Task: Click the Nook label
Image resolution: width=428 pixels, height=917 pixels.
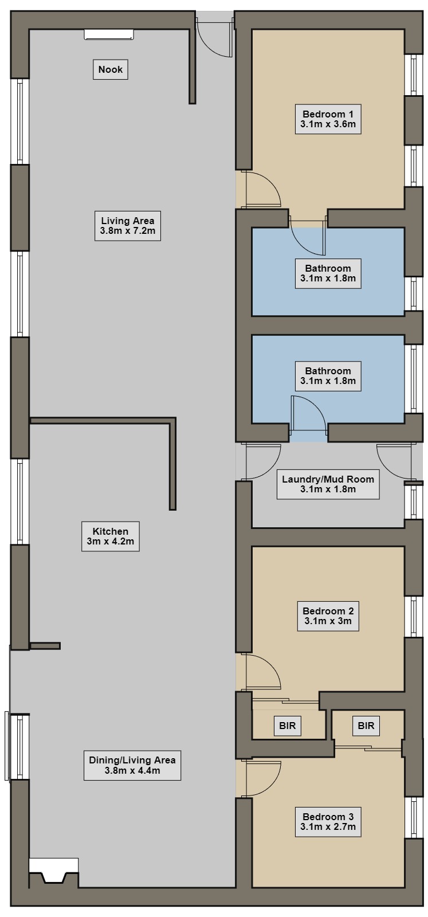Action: click(x=111, y=69)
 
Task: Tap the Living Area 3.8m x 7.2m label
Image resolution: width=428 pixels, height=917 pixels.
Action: click(x=128, y=226)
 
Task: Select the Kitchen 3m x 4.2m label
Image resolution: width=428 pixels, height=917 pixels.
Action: click(x=111, y=536)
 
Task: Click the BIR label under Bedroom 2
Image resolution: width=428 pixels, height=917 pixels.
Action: click(x=287, y=726)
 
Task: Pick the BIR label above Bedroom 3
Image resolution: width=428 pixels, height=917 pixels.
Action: click(x=366, y=726)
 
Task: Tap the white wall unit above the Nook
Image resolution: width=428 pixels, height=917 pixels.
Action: click(x=109, y=34)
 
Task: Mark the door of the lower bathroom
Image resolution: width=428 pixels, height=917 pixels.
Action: click(x=308, y=414)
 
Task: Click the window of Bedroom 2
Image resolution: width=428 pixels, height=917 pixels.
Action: click(x=414, y=617)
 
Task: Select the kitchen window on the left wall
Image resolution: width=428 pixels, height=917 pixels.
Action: click(x=19, y=501)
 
